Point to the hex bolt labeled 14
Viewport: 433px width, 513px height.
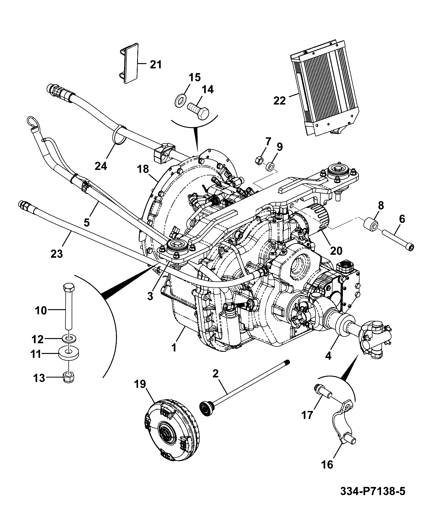click(198, 111)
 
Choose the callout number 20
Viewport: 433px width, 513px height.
click(336, 251)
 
